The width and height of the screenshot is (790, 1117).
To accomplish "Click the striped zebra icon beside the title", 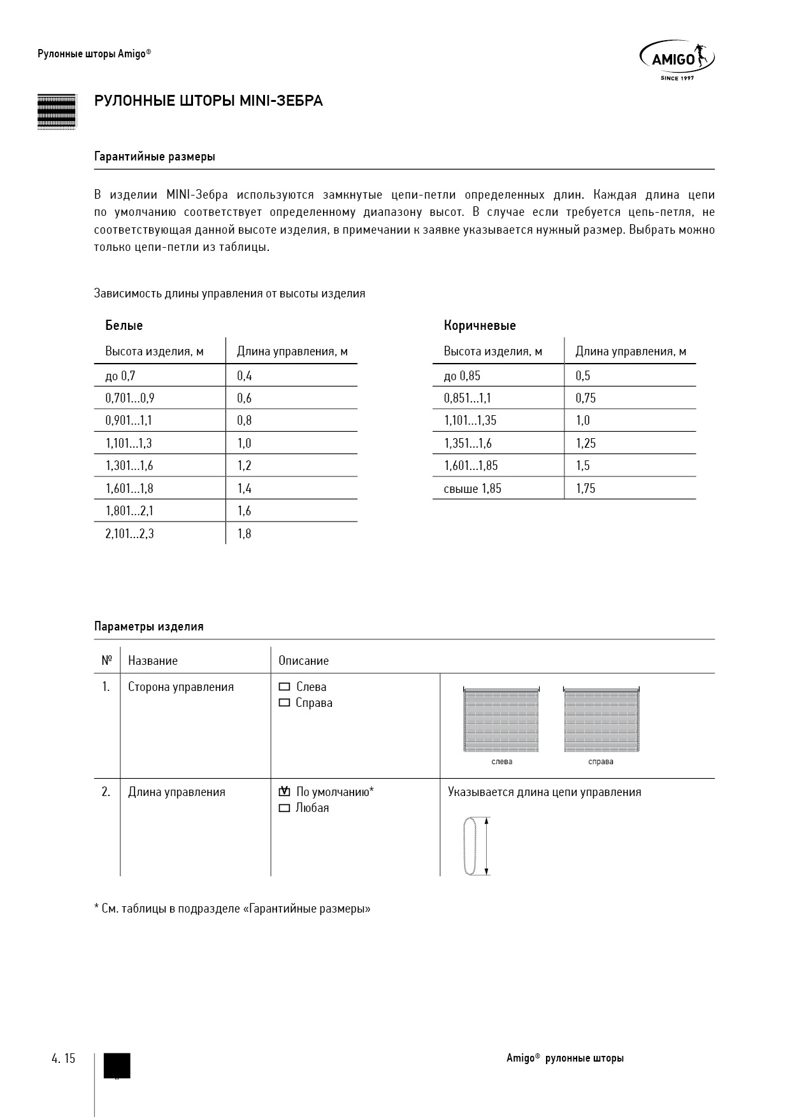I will tap(56, 111).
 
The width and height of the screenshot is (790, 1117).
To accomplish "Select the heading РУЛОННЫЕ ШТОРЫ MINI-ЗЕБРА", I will tap(208, 101).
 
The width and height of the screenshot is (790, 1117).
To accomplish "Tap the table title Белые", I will tap(124, 325).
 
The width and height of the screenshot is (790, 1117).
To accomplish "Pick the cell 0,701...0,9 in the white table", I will tap(130, 398).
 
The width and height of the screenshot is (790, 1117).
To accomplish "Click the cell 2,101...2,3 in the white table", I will tap(129, 534).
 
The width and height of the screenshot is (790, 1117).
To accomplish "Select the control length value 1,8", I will tap(244, 534).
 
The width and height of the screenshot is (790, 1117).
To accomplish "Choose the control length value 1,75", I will tap(585, 488).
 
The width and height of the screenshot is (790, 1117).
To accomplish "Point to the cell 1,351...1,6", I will tap(468, 443).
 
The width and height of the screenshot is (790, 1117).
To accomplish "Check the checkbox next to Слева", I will tap(285, 687).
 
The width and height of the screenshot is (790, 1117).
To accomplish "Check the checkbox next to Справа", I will tap(285, 703).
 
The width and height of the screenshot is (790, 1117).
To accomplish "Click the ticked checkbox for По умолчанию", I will tap(285, 792).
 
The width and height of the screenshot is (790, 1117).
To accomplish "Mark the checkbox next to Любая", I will tap(285, 808).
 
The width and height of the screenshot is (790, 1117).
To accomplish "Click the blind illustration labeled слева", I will tap(501, 720).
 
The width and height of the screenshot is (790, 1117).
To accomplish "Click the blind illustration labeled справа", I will tap(601, 720).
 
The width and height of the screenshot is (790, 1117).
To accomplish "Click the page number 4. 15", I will tap(63, 1058).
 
